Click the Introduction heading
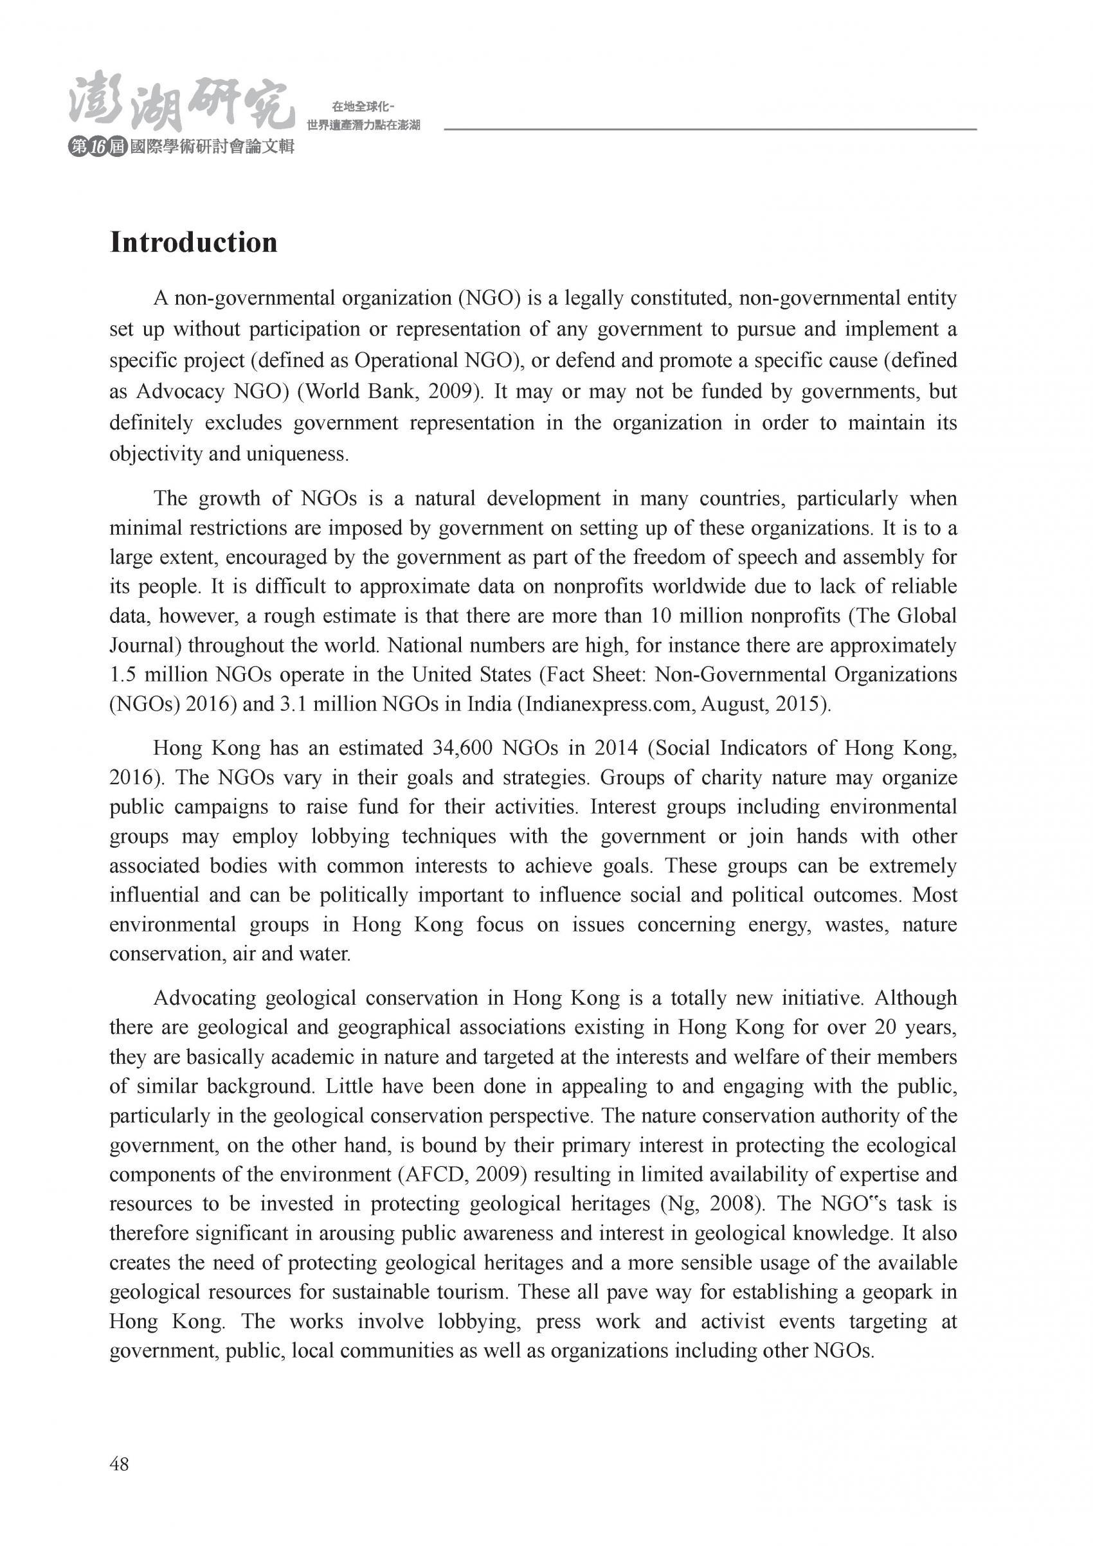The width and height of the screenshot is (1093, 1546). [x=194, y=243]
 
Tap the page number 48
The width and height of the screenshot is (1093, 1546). [x=119, y=1464]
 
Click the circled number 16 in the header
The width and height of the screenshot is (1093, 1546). [x=98, y=147]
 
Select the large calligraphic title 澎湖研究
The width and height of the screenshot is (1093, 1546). [x=182, y=105]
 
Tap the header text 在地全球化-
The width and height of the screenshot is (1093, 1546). [x=363, y=107]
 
